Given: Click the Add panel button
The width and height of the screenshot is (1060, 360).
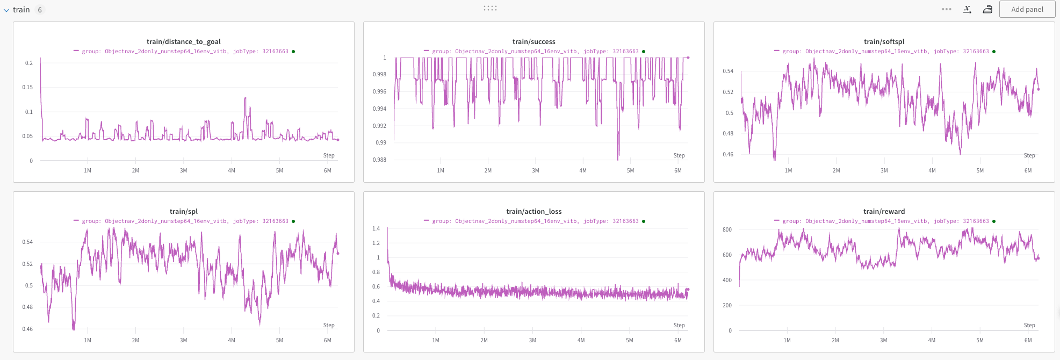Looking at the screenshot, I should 1027,9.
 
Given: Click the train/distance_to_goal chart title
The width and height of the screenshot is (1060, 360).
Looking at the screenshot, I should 183,41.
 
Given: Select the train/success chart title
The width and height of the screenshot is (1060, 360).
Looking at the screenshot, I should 533,41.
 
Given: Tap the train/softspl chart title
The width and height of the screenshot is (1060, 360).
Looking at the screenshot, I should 884,41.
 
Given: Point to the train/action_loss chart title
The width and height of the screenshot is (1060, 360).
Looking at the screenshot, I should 533,211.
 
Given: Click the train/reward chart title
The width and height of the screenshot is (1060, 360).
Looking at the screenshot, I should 884,211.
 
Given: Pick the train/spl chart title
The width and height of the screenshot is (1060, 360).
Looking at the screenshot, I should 183,211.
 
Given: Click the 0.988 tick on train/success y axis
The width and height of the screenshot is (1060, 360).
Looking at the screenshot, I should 379,160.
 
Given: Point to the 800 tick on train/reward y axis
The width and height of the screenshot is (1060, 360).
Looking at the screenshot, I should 727,229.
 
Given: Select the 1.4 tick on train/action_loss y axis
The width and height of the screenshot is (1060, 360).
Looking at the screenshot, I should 376,228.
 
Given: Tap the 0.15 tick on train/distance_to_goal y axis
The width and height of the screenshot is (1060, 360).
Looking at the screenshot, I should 27,87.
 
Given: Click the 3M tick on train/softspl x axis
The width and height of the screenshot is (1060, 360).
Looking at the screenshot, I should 884,170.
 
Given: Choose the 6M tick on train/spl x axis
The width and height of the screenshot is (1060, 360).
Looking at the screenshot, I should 327,340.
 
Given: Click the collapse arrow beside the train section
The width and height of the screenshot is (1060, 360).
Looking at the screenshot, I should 6,10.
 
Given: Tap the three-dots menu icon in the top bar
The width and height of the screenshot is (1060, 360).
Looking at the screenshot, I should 946,9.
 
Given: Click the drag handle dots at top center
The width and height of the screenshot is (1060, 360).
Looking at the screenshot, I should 490,8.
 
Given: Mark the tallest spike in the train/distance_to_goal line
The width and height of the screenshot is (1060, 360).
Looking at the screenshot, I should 246,98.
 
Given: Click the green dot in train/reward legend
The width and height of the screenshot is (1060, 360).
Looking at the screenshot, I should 993,221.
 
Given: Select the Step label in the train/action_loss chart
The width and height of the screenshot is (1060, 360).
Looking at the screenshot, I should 679,325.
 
